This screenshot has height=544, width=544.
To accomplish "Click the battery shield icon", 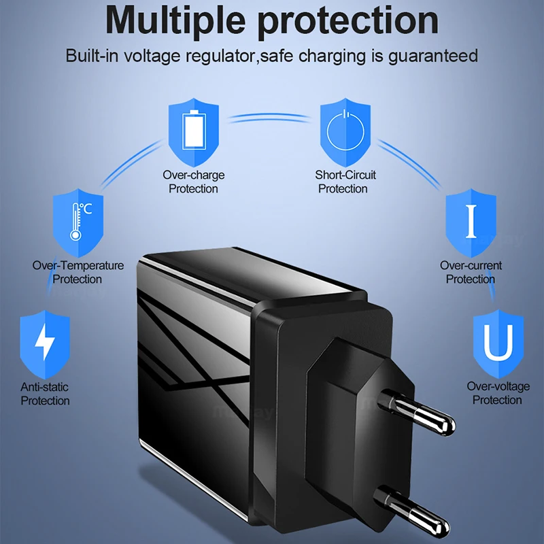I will click(194, 129).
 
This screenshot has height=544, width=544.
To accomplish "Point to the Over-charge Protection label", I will click(194, 182).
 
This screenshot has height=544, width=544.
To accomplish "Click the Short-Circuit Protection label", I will click(345, 182).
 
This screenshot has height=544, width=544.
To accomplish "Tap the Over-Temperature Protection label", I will click(78, 272).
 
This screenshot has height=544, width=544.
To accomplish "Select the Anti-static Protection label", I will click(45, 394).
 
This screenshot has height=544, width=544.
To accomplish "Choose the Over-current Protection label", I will click(471, 272).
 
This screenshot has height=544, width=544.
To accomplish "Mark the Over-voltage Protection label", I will click(498, 393).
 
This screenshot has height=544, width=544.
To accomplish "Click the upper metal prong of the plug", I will click(419, 414).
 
